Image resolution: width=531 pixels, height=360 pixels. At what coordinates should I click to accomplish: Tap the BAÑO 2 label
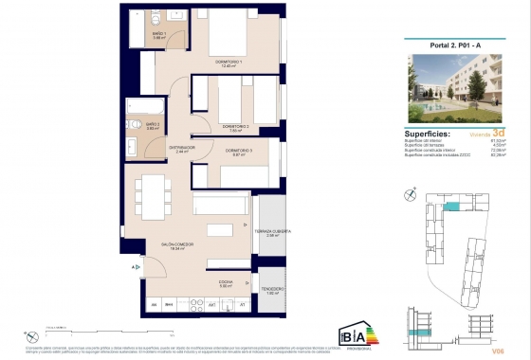(x=152, y=124)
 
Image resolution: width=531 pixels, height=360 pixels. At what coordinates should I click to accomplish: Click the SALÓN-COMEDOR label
(x=176, y=243)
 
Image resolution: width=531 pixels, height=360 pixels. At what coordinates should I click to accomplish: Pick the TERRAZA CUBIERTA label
(x=271, y=232)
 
